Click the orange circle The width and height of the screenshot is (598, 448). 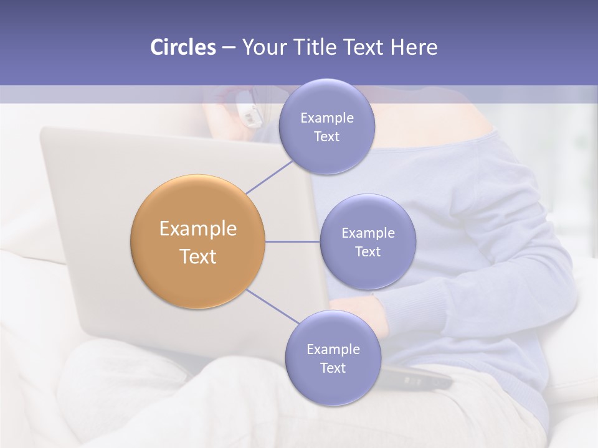pos(198,241)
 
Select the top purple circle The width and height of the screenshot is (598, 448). pos(326,126)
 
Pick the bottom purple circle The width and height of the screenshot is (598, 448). pos(333,358)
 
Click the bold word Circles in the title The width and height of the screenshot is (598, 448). pos(183,47)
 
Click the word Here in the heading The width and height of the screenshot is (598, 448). pos(414,47)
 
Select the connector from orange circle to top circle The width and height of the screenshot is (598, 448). pos(269,176)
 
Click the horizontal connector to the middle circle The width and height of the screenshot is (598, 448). pos(292,241)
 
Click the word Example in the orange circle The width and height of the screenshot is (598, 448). pos(198,229)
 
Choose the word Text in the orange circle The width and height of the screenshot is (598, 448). pos(198,256)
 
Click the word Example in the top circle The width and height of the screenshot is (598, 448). pos(327,118)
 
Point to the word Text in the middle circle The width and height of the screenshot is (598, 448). pos(368,251)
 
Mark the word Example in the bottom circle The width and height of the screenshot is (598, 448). pos(333,349)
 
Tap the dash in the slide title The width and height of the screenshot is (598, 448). pos(228,48)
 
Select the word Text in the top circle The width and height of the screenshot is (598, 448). pos(326,136)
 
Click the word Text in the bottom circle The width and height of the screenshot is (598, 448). pos(333,368)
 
